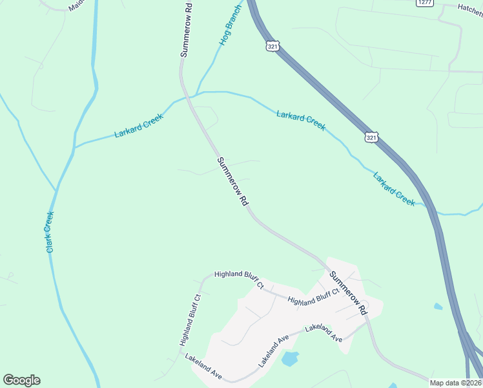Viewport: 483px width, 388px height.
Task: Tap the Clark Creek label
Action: (50, 232)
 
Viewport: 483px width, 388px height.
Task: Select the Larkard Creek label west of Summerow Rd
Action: (139, 125)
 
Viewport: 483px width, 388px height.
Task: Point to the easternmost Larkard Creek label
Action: (394, 189)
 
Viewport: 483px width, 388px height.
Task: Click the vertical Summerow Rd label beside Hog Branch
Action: (186, 30)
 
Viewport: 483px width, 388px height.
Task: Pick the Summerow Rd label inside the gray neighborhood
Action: (348, 293)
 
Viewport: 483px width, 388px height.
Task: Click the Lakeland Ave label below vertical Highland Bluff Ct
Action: (203, 366)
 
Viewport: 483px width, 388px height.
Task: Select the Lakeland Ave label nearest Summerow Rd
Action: (324, 332)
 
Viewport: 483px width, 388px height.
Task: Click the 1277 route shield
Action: (424, 3)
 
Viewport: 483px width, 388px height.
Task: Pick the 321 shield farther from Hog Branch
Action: (371, 137)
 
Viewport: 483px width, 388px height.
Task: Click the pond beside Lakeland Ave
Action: (291, 358)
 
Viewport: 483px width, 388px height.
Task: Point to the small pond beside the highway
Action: (438, 306)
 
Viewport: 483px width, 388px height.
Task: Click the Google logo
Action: (21, 380)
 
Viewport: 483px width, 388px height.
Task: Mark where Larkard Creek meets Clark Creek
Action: (75, 147)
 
